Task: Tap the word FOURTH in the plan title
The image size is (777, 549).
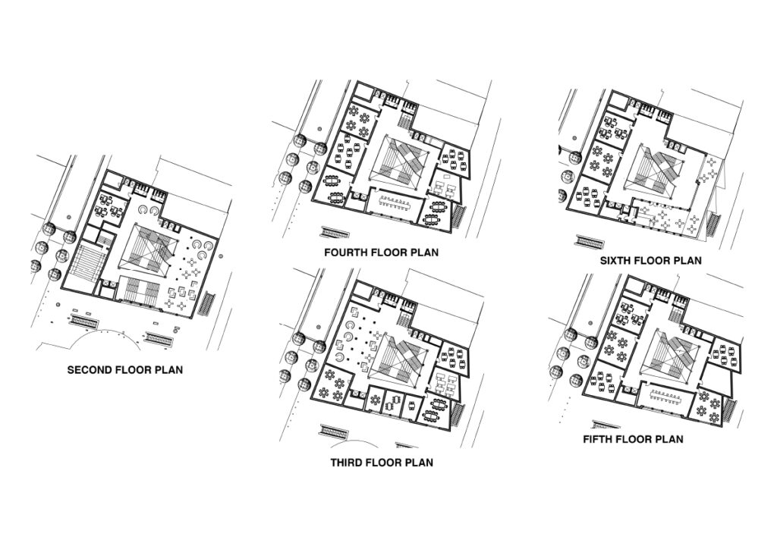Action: coord(346,252)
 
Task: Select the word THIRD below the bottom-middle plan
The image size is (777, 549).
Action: coord(346,463)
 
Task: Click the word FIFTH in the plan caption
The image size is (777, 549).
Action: coord(598,438)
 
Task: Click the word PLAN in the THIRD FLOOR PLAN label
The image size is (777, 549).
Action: coord(419,463)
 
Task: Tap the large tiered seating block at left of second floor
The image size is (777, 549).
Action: coord(89,263)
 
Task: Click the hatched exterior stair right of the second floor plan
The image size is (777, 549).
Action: coord(208,303)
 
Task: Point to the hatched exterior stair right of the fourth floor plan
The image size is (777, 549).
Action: coord(459,216)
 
